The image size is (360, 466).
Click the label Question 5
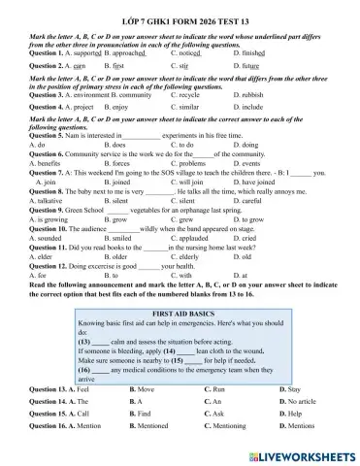tap(49, 137)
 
